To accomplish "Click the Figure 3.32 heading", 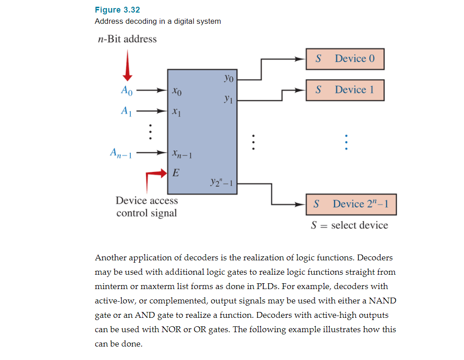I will point(114,10).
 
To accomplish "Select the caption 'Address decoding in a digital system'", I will point(158,22).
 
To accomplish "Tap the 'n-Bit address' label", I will point(127,39).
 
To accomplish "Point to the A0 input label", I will point(127,90).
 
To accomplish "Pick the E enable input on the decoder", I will point(176,172).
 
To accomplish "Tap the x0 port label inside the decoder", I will point(177,92).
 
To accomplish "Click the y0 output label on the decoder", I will point(228,79).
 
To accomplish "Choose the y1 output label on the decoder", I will point(228,98).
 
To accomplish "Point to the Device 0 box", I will point(345,59).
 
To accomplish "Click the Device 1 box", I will point(345,90).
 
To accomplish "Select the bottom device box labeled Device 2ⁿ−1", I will point(351,204).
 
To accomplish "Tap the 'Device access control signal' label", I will point(146,206).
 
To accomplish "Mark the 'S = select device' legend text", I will point(349,225).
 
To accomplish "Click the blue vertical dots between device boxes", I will point(346,142).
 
